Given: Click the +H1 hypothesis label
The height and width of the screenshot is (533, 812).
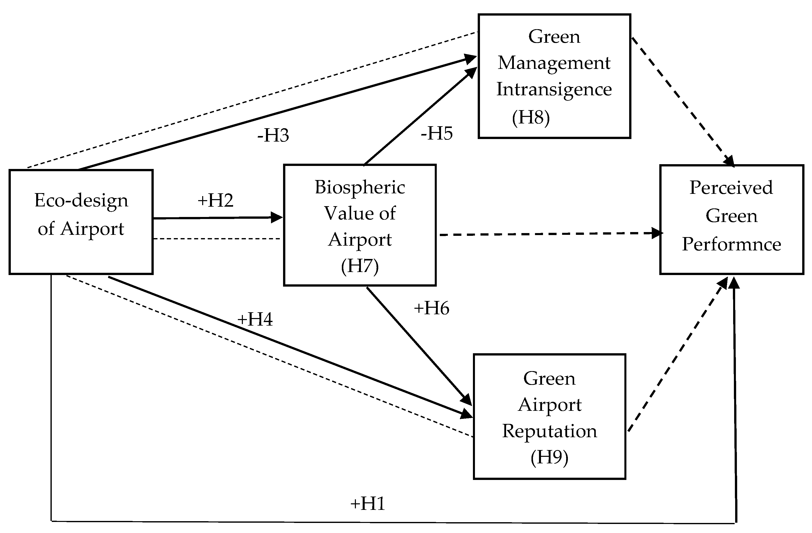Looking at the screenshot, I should tap(367, 504).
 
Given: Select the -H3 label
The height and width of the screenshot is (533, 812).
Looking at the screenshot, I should tap(273, 135).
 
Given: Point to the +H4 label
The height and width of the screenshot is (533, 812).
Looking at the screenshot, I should tap(255, 320).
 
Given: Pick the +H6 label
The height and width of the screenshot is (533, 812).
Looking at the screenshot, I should tap(431, 308).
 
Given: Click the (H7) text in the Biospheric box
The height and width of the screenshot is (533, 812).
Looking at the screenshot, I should tap(360, 266).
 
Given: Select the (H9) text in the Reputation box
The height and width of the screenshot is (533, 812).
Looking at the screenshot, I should tap(549, 457).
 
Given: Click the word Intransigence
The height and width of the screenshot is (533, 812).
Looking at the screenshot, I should tap(554, 90).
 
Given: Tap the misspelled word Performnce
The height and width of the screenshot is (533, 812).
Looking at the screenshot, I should tap(731, 244).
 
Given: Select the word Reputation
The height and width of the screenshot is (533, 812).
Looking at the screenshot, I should tap(549, 431).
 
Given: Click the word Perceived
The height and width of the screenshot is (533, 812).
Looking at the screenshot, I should tap(731, 188).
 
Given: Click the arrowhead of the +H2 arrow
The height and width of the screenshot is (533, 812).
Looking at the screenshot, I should tap(277, 217).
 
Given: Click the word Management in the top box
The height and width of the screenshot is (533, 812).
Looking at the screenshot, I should tap(554, 63).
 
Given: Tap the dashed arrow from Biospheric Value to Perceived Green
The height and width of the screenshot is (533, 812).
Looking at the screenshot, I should tap(546, 234).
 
